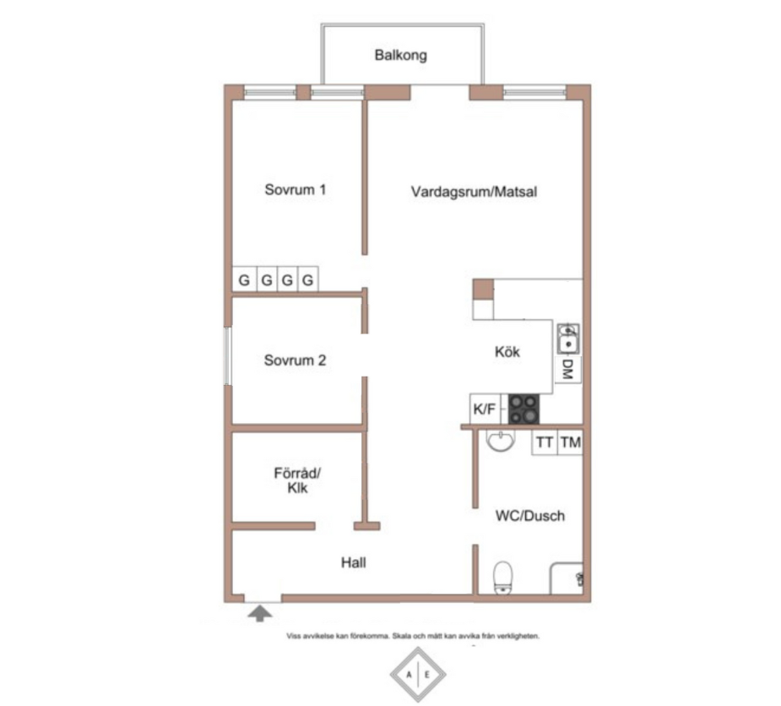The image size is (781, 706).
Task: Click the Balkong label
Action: (x=400, y=55)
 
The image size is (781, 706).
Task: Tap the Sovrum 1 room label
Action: (x=295, y=189)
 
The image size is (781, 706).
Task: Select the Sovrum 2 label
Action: (x=295, y=360)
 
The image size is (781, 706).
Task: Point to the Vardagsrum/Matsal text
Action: (x=474, y=192)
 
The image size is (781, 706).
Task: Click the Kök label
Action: (x=507, y=352)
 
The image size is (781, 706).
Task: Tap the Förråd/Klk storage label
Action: (x=297, y=481)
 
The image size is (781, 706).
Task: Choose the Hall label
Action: (x=353, y=562)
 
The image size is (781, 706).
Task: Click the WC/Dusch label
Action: (x=530, y=515)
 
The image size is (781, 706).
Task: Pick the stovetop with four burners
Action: (x=523, y=409)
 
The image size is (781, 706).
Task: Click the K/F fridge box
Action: (x=485, y=409)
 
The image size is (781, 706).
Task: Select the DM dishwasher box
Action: (x=567, y=369)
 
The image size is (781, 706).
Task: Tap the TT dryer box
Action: (x=545, y=443)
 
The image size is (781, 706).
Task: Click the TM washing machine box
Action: (x=570, y=443)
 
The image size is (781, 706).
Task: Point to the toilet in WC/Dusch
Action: (x=502, y=578)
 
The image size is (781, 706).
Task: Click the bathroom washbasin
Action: (x=500, y=441)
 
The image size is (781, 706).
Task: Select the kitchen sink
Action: (x=568, y=339)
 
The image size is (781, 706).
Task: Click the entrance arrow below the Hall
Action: (x=260, y=613)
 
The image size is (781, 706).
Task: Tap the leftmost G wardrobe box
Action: (x=244, y=280)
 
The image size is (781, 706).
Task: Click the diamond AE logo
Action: (x=418, y=675)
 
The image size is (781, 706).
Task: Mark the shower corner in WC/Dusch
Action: (x=567, y=578)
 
